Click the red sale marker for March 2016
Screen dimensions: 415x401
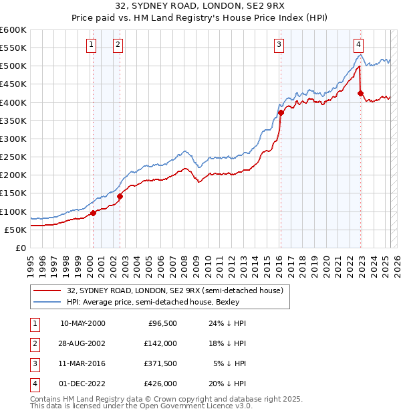point(281,113)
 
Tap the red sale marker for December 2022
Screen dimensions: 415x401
point(360,93)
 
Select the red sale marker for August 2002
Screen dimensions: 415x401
point(120,196)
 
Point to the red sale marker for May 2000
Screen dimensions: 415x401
point(93,213)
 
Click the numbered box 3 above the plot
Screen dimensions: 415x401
point(279,45)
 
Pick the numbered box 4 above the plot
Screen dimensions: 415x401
point(359,45)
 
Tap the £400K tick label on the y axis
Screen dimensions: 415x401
point(13,102)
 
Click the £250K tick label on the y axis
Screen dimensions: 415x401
point(13,157)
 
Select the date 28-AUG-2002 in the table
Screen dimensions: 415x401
point(83,344)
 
